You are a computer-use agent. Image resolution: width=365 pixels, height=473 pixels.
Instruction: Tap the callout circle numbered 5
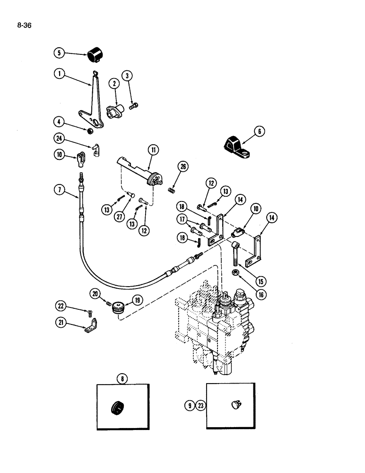(x=59, y=53)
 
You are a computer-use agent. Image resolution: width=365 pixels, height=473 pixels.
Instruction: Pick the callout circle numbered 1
(x=59, y=74)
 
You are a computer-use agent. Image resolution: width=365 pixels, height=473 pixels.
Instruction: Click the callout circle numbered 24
(x=59, y=138)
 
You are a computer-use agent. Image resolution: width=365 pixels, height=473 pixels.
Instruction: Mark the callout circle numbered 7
(x=59, y=190)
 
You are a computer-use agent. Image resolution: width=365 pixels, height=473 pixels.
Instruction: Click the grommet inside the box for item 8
(x=116, y=407)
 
